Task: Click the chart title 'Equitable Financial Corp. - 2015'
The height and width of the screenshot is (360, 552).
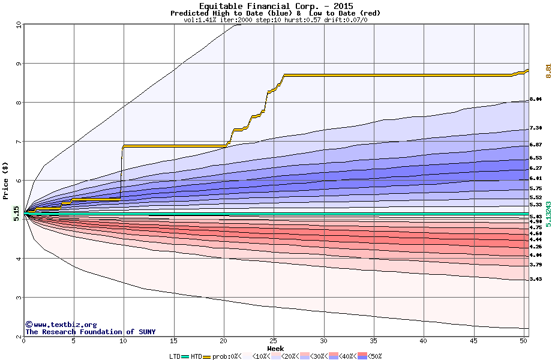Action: pyautogui.click(x=275, y=6)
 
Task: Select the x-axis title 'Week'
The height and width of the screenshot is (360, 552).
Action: pyautogui.click(x=275, y=349)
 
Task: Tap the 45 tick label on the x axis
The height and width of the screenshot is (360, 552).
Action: pyautogui.click(x=473, y=341)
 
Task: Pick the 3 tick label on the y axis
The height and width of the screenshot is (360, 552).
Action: pyautogui.click(x=19, y=298)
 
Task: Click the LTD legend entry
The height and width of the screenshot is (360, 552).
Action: pyautogui.click(x=175, y=356)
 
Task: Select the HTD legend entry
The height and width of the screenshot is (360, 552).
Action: pyautogui.click(x=196, y=356)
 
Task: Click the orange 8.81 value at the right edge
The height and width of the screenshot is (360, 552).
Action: pyautogui.click(x=548, y=70)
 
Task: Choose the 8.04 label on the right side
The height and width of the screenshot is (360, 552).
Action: pyautogui.click(x=536, y=99)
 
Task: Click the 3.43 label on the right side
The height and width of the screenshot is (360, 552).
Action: pyautogui.click(x=536, y=280)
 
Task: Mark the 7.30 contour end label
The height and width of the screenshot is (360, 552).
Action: pyautogui.click(x=536, y=128)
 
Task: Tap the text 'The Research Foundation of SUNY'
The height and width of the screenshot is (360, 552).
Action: pyautogui.click(x=90, y=332)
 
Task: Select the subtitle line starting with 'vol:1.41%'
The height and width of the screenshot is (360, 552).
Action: pyautogui.click(x=275, y=20)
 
